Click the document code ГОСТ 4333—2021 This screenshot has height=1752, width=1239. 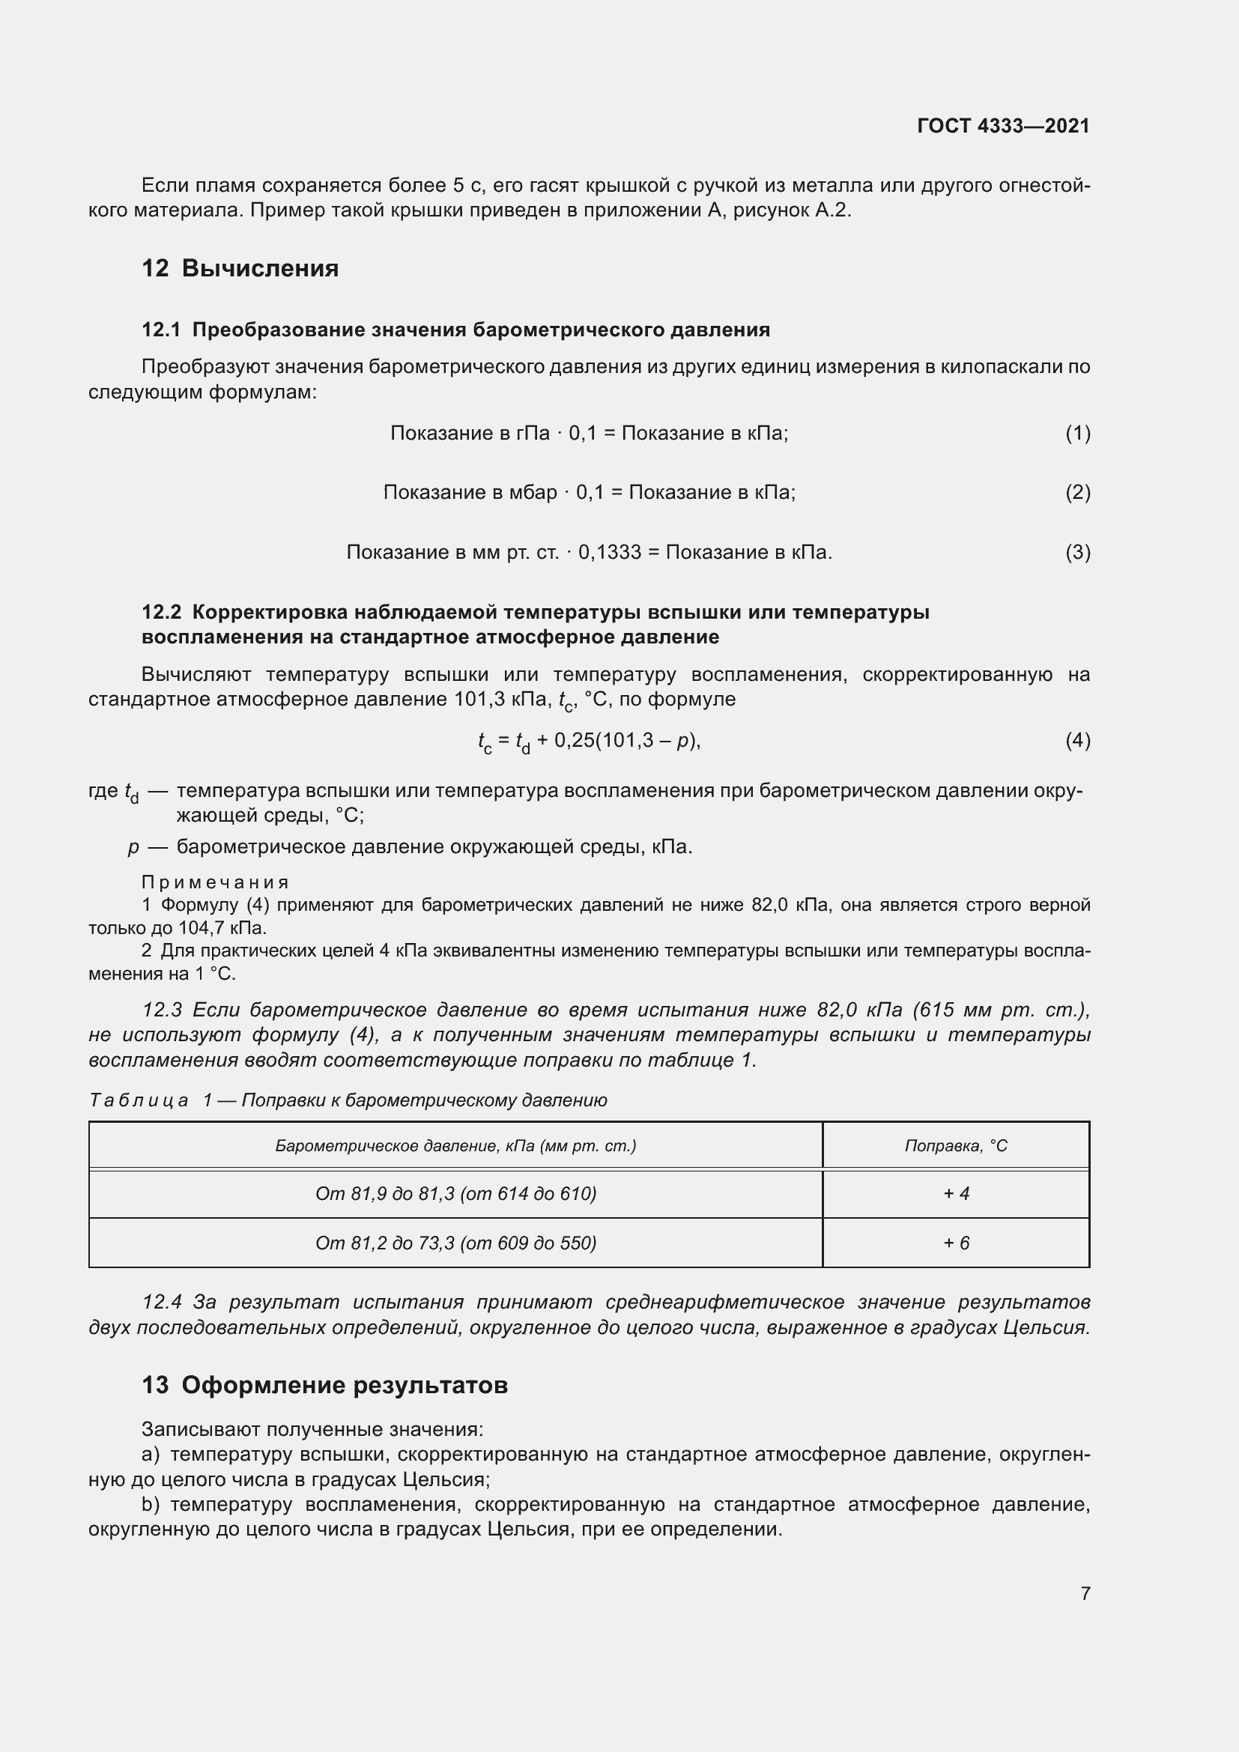(1003, 126)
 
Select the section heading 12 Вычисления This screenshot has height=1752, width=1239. (240, 269)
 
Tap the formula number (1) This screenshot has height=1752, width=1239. (1077, 434)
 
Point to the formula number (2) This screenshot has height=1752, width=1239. (1077, 492)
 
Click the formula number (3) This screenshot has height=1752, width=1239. (1077, 552)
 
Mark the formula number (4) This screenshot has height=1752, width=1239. (1077, 740)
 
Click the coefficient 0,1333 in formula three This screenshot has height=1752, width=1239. (610, 552)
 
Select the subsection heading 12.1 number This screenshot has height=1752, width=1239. (161, 330)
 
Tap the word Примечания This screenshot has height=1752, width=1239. (215, 882)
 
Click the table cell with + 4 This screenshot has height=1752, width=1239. (956, 1193)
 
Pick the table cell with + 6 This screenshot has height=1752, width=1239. (956, 1243)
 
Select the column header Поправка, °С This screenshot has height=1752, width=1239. (956, 1145)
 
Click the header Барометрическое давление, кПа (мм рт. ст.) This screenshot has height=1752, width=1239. (455, 1145)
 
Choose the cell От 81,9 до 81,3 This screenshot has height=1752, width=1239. (455, 1193)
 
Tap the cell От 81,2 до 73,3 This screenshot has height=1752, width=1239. (455, 1243)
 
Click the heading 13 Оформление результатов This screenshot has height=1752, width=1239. (325, 1385)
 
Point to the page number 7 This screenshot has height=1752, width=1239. (1085, 1593)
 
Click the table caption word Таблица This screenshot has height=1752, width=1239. (138, 1100)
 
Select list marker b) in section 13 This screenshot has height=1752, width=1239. (151, 1505)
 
